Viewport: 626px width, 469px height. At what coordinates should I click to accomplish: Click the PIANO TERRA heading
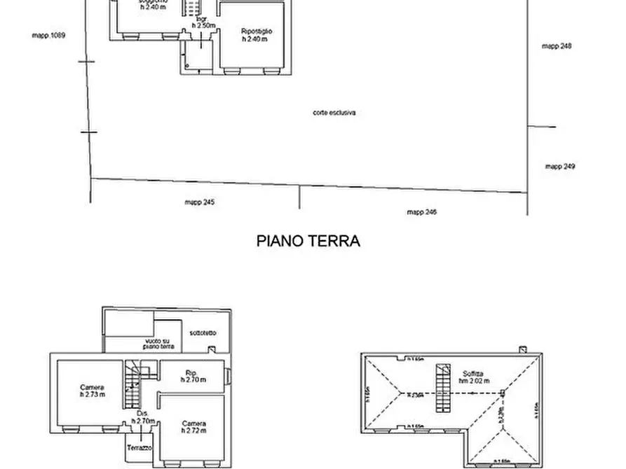coord(308,241)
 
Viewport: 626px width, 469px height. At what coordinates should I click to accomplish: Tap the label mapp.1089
coord(48,34)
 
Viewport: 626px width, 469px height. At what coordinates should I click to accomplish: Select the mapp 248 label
coord(557,45)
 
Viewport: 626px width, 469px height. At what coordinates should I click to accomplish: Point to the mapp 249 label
coord(560,167)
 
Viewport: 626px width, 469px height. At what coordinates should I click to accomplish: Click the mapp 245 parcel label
coord(199,202)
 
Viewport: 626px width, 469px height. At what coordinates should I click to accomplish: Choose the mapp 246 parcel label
coord(422,211)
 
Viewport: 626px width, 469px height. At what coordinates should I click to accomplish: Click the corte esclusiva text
coord(334,112)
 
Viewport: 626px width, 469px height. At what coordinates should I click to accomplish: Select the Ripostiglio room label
coord(256,32)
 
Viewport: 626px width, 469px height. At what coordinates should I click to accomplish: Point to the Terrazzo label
coord(140,447)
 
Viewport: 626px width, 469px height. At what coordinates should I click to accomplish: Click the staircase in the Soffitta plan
coord(442,388)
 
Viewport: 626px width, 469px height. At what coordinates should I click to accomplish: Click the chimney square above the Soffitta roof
coord(522,349)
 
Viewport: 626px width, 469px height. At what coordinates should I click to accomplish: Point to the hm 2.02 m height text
coord(474,381)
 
